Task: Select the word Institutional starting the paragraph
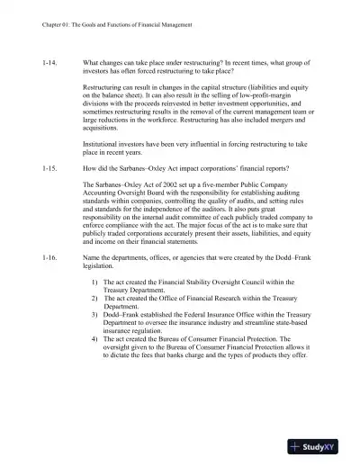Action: [103, 143]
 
